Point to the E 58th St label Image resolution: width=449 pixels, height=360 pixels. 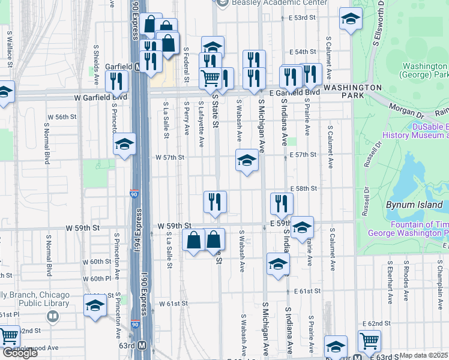tap(303, 188)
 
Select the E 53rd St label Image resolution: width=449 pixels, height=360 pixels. tap(302, 18)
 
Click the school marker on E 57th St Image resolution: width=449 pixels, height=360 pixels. tap(246, 160)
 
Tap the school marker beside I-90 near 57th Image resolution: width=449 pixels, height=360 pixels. tap(124, 144)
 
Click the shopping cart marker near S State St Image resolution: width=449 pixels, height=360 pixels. tap(210, 77)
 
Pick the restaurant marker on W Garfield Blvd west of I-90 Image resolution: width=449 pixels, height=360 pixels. tap(116, 81)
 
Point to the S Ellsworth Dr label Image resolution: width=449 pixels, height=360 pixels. tap(379, 24)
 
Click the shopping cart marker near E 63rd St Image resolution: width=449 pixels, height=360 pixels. tap(369, 341)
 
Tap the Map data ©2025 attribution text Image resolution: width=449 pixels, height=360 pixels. tap(424, 355)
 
